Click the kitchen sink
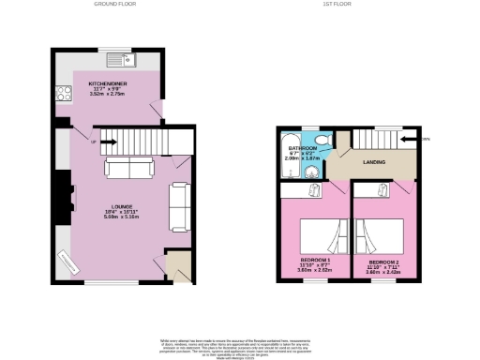click(121, 61)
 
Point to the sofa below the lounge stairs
click(130, 168)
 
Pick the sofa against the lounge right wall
click(179, 206)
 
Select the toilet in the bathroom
click(322, 142)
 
